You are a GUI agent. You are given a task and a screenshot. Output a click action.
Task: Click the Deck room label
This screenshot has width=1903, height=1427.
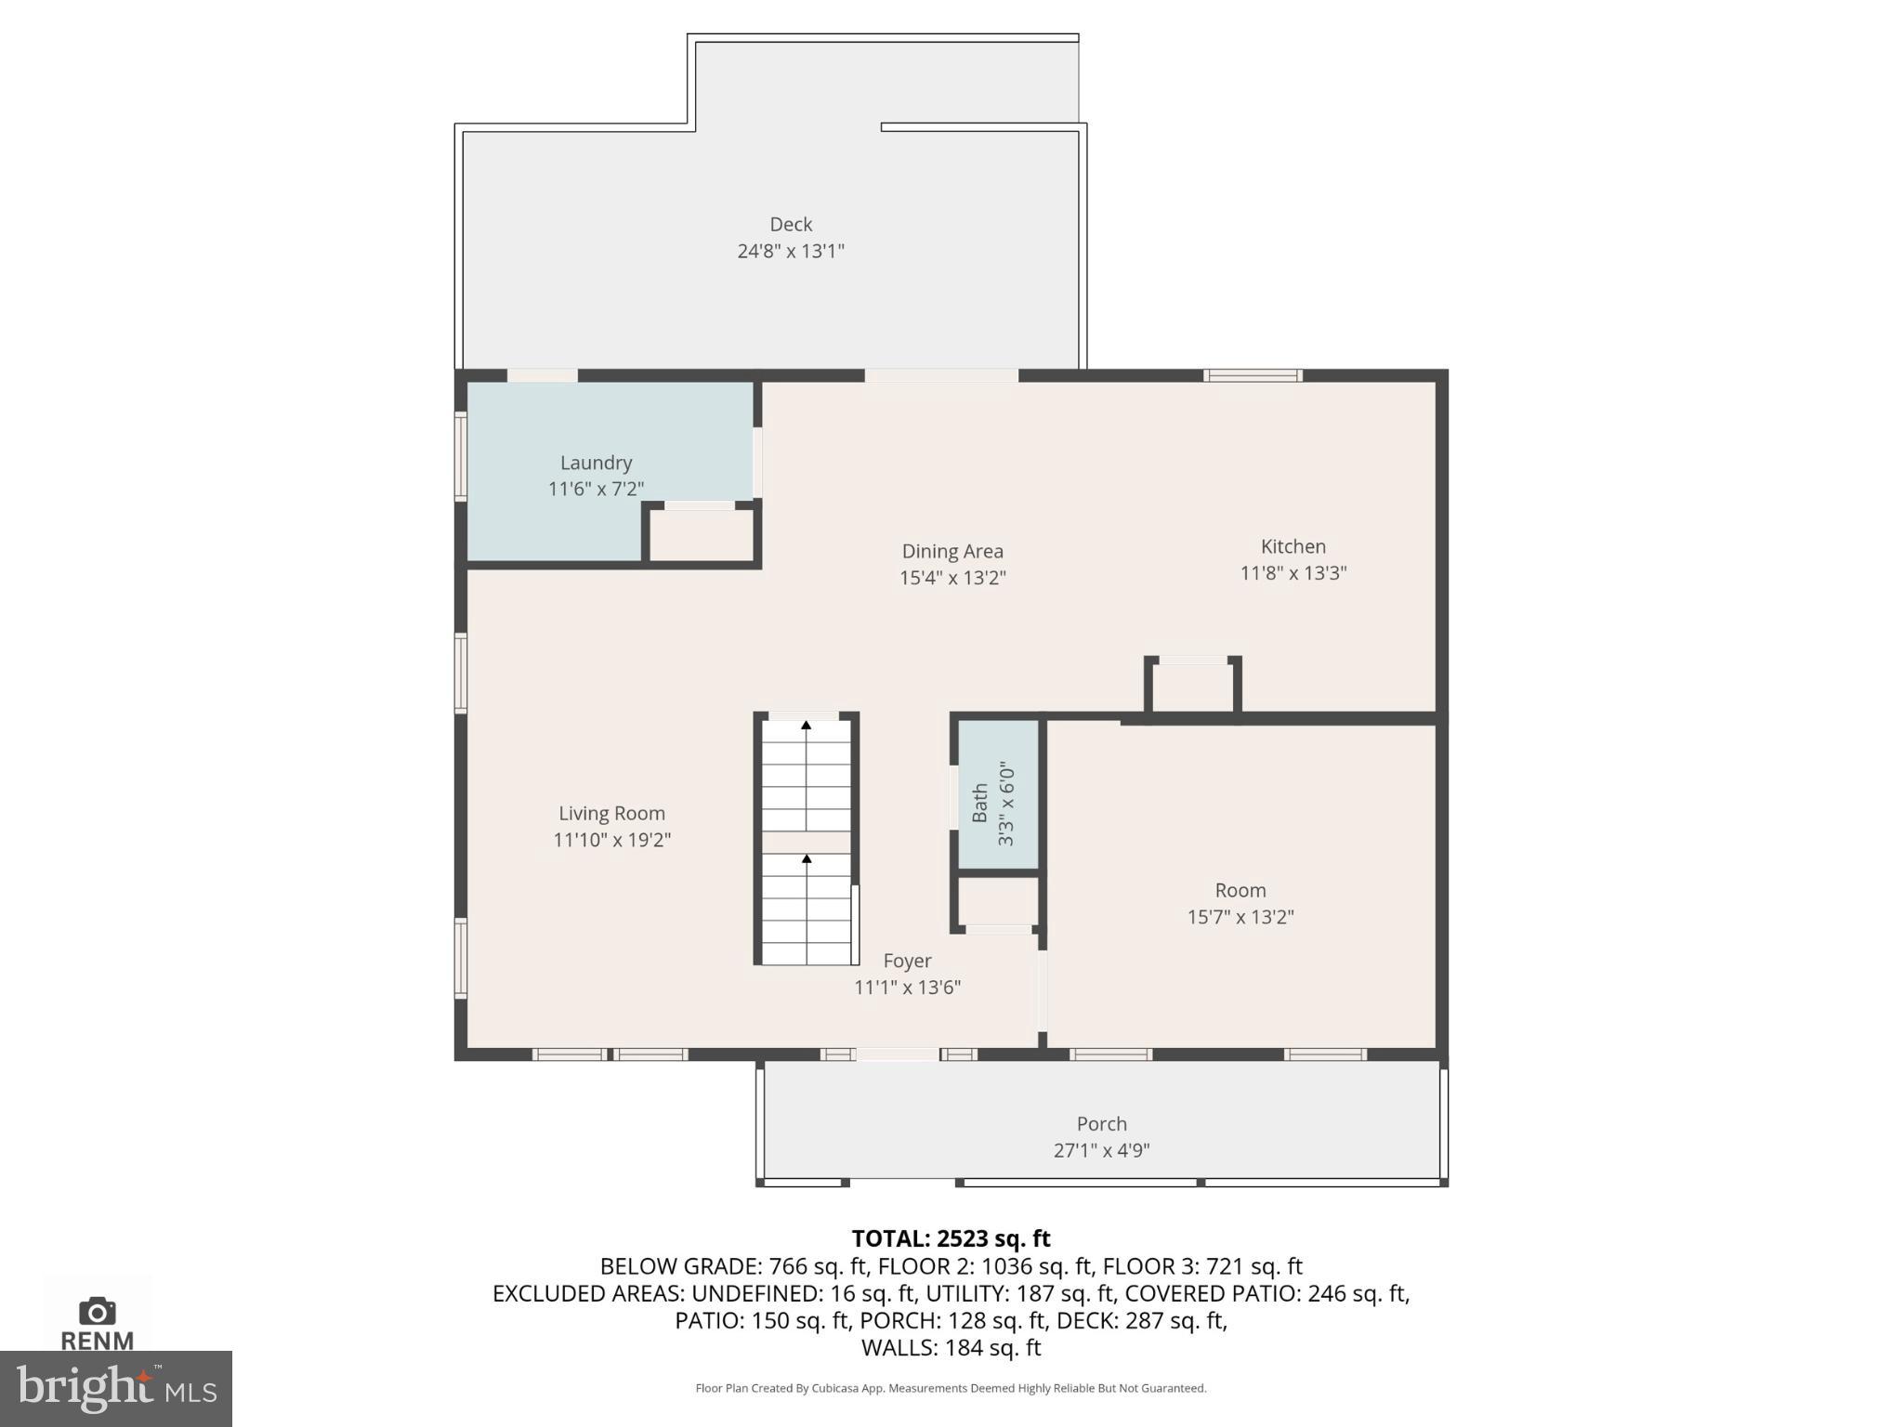pos(791,225)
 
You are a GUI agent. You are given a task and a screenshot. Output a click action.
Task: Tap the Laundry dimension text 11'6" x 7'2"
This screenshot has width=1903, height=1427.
pos(596,489)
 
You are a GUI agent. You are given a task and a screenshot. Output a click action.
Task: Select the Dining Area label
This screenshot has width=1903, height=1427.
pos(952,551)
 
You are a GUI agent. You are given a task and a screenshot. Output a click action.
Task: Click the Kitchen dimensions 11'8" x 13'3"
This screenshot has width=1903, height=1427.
pos(1293,573)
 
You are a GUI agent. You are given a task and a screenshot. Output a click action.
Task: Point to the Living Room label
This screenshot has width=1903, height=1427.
pos(611,813)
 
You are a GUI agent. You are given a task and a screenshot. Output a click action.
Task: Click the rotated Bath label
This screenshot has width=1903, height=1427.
pos(979,803)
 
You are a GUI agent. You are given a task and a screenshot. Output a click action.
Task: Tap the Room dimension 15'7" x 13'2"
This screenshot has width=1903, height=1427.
pos(1240,917)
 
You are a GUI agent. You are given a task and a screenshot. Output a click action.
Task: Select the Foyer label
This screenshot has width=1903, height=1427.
pos(907,961)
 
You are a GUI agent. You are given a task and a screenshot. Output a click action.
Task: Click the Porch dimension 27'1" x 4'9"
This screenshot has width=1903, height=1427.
pos(1101,1150)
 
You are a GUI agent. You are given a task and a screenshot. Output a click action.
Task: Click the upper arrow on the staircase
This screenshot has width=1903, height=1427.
pos(807,726)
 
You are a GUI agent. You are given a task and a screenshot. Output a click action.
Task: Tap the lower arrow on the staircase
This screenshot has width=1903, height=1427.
pos(807,859)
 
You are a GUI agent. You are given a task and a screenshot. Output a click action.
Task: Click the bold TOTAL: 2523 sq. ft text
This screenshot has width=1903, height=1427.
pos(951,1238)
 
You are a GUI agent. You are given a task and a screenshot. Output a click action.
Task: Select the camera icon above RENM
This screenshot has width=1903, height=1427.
pos(97,1311)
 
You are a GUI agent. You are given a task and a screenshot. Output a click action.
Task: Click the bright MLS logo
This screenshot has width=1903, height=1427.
pos(116,1388)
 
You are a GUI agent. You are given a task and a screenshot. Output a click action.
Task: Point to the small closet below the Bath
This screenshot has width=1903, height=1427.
pos(998,900)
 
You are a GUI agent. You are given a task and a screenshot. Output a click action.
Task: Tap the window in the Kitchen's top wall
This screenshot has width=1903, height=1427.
pos(1253,375)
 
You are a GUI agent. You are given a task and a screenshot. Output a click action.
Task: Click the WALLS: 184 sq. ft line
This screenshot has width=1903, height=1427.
pos(951,1347)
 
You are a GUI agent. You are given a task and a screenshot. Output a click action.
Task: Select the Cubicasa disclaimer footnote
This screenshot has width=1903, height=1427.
pos(951,1388)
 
